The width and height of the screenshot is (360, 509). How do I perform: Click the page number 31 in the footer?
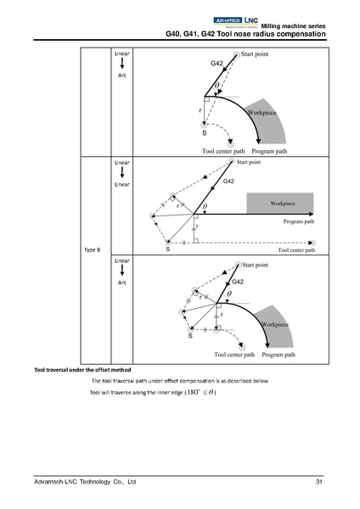tap(318, 482)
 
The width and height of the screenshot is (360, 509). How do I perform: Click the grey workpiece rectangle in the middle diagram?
tap(280, 204)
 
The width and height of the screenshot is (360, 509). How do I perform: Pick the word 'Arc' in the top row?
tap(121, 75)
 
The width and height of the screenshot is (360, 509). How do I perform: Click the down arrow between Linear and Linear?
tap(121, 172)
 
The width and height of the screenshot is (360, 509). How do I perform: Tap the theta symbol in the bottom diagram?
tap(229, 296)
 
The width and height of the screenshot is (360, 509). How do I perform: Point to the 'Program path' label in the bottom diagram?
tap(279, 354)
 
